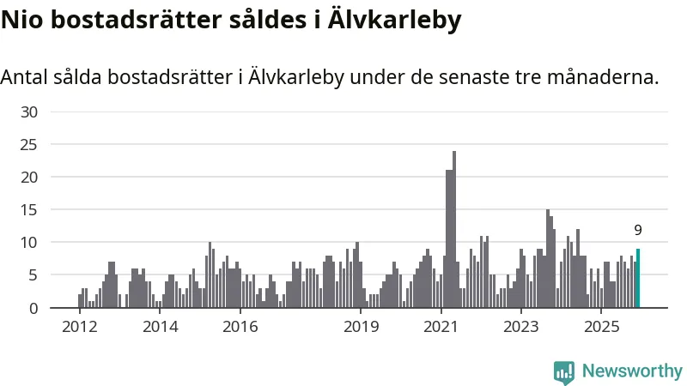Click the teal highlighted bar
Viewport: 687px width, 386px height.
click(638, 279)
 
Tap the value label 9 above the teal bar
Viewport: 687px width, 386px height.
click(638, 230)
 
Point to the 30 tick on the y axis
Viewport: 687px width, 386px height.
click(29, 112)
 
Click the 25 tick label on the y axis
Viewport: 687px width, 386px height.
click(29, 144)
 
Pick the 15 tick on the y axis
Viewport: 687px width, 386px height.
click(29, 209)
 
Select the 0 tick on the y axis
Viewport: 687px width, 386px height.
click(33, 308)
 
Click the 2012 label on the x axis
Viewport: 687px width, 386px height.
click(79, 327)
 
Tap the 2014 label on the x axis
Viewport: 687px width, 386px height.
click(160, 327)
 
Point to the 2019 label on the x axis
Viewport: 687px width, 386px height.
click(361, 327)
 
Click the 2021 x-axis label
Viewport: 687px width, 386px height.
click(441, 327)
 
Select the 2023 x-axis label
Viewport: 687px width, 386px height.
click(521, 327)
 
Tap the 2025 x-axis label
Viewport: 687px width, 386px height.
click(602, 327)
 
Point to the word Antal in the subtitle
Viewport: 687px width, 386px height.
click(27, 77)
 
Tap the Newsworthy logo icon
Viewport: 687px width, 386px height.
click(564, 371)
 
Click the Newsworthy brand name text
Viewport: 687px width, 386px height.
click(632, 371)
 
